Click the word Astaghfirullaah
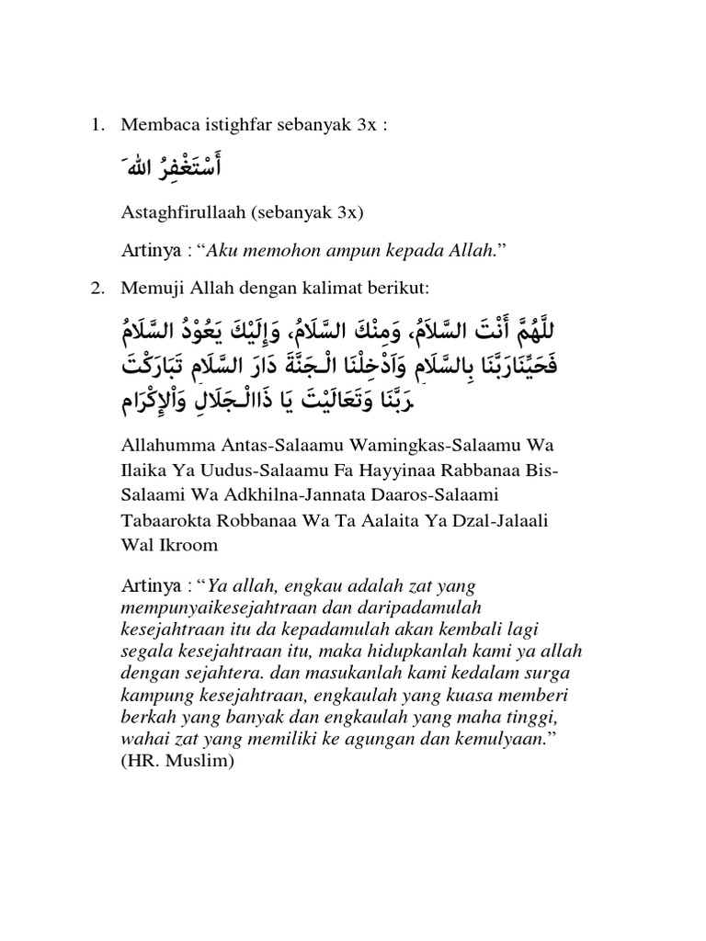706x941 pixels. click(175, 213)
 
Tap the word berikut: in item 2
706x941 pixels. click(393, 289)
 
